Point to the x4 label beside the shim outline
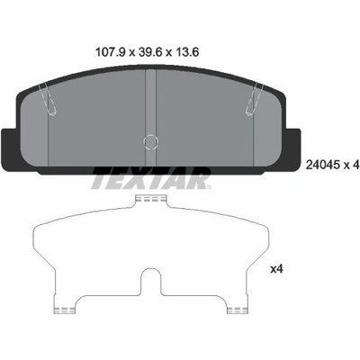[x=277, y=269]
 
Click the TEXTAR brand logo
[x=151, y=178]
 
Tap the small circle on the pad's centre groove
[x=151, y=141]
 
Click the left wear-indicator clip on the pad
[x=48, y=100]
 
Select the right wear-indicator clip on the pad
[x=255, y=100]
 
